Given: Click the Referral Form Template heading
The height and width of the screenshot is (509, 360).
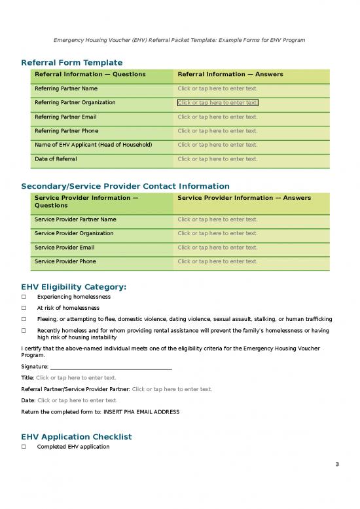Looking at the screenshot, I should pyautogui.click(x=72, y=62).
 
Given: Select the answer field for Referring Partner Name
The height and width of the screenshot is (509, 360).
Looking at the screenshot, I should pyautogui.click(x=217, y=88).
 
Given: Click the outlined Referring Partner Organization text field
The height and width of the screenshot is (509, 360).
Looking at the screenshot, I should pyautogui.click(x=217, y=103).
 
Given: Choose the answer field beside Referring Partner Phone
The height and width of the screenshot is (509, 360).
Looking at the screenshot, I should pyautogui.click(x=217, y=131).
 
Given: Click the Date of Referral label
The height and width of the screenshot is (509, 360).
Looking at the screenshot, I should pyautogui.click(x=56, y=159).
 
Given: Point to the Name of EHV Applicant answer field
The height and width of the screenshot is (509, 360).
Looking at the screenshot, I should pyautogui.click(x=217, y=145).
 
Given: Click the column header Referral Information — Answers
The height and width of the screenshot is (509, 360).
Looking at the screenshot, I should pyautogui.click(x=230, y=74).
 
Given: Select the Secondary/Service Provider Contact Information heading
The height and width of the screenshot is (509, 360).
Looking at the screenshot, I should pyautogui.click(x=125, y=186).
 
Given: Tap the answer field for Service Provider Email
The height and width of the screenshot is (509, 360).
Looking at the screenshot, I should pyautogui.click(x=217, y=248).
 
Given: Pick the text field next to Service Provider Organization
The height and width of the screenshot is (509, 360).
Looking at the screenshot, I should pyautogui.click(x=217, y=233).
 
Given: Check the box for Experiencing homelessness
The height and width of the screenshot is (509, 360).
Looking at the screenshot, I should pyautogui.click(x=24, y=297).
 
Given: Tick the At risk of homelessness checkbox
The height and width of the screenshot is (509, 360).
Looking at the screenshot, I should pyautogui.click(x=24, y=308).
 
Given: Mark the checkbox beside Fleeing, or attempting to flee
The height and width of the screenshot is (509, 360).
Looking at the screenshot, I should pyautogui.click(x=24, y=319).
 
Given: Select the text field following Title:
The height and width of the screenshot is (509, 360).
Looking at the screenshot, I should pyautogui.click(x=76, y=377).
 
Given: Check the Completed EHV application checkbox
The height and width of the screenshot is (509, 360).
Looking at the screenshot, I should pyautogui.click(x=24, y=447).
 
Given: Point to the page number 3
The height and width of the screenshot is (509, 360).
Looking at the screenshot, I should pyautogui.click(x=336, y=465).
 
